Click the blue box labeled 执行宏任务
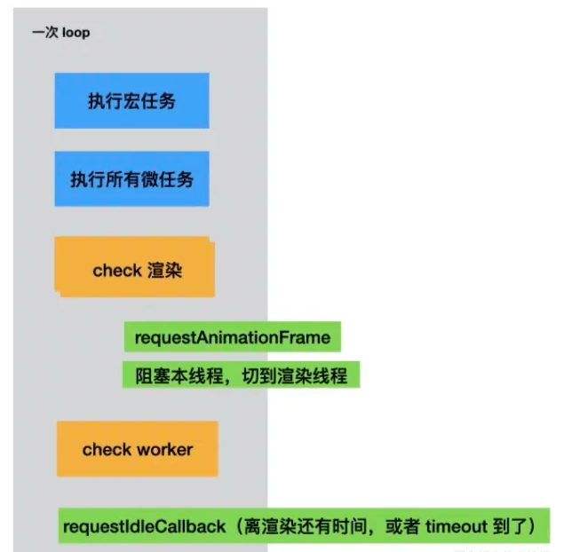pos(131,100)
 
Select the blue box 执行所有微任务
pos(131,178)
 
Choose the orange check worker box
pos(137,449)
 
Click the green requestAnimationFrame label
pos(233,338)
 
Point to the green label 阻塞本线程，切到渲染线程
pos(241,375)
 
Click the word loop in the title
pos(76,33)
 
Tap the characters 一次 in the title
pos(45,33)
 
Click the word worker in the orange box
pos(164,449)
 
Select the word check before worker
pos(107,449)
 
